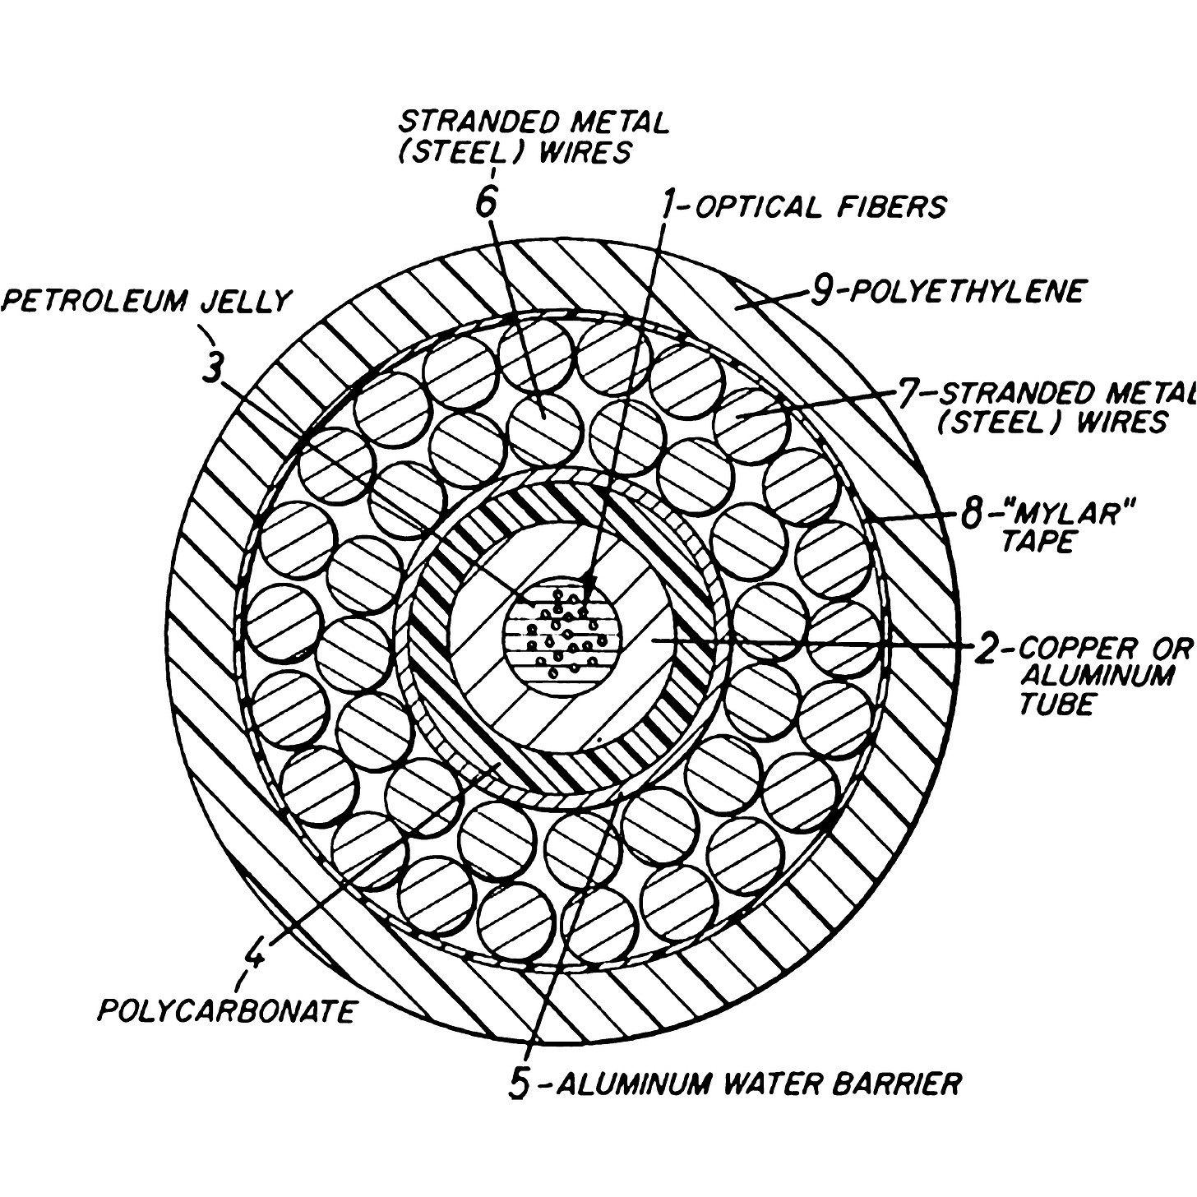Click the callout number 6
(x=487, y=200)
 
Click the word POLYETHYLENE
(x=967, y=291)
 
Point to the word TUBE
(x=1056, y=704)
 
